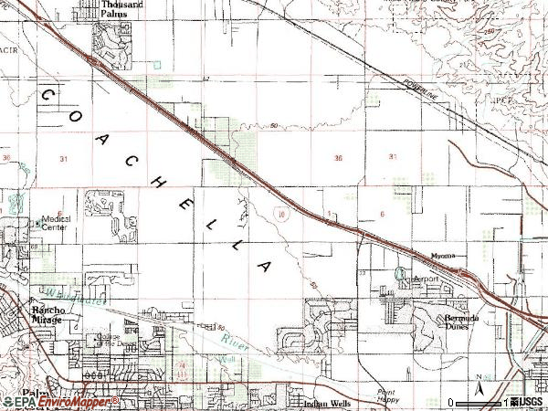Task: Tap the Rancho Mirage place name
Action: tap(48, 313)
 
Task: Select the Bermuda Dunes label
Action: tap(461, 321)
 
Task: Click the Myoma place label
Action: tap(443, 256)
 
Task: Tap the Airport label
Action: tap(427, 279)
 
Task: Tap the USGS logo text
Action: tap(529, 402)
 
